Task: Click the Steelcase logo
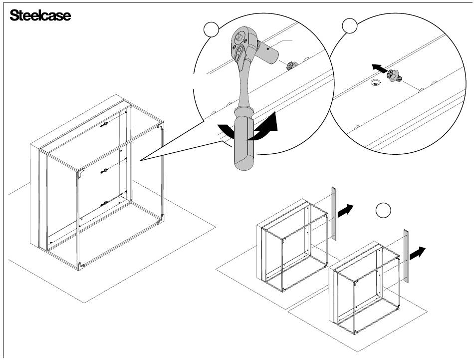click(40, 15)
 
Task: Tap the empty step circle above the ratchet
click(211, 29)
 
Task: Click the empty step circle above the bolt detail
click(350, 25)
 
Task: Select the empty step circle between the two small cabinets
click(383, 210)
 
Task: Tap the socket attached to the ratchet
click(267, 51)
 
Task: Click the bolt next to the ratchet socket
click(292, 65)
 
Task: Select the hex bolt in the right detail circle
click(394, 76)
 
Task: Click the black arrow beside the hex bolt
click(379, 68)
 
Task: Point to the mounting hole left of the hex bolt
click(375, 82)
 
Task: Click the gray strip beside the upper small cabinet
click(334, 214)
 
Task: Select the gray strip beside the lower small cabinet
click(406, 256)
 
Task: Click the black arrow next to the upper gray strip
click(345, 210)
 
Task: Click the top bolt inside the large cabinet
click(105, 124)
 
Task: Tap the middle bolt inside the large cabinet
click(104, 171)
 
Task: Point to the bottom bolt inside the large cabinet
click(104, 204)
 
